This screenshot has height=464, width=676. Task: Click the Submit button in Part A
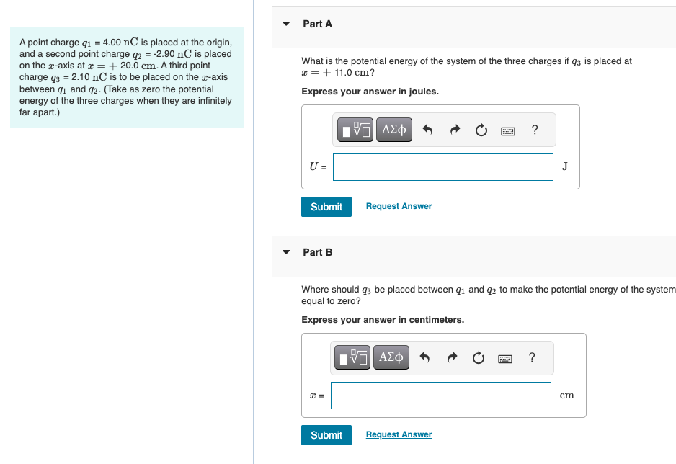coord(326,207)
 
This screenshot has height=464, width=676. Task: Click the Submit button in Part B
coord(326,435)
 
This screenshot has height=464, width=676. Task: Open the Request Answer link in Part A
coord(399,206)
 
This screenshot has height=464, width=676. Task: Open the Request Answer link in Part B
coord(399,434)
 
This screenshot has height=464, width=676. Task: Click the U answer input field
coord(442,166)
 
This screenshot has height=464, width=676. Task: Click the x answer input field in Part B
coord(440,395)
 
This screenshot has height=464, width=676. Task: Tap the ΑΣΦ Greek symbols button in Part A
coord(394,130)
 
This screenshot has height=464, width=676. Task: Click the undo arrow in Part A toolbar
coord(427,130)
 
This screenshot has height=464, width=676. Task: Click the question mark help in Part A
coord(534,130)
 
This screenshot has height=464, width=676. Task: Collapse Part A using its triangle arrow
coord(286,24)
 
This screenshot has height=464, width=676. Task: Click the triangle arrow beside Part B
coord(286,252)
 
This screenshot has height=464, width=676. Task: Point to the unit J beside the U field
coord(564,166)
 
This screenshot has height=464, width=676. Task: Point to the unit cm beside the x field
coord(566,395)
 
